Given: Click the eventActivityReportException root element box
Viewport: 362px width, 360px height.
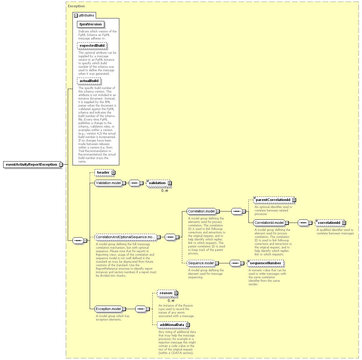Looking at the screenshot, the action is tap(32, 164).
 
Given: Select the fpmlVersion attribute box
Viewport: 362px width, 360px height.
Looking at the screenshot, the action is tap(90, 24).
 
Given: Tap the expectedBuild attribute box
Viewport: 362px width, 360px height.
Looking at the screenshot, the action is tap(92, 46).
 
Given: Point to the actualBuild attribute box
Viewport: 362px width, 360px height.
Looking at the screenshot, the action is tap(89, 81).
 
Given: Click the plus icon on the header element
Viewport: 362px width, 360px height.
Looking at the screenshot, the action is tap(113, 173).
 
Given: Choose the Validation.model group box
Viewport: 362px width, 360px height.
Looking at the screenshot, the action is tap(108, 183).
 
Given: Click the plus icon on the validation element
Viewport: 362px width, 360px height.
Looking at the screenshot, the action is tap(170, 183).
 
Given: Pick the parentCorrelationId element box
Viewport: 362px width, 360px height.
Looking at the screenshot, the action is tap(274, 200).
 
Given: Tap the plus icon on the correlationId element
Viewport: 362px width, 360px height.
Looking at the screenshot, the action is tap(344, 223).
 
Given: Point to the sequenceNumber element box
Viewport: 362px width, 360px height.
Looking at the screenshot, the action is tap(266, 263).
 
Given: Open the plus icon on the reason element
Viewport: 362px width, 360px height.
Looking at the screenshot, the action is tap(176, 293).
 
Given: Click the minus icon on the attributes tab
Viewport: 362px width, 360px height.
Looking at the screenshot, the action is tap(76, 16).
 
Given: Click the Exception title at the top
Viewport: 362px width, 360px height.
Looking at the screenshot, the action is tap(76, 6).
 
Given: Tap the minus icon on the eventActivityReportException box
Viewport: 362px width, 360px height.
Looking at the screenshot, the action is tap(61, 164).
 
